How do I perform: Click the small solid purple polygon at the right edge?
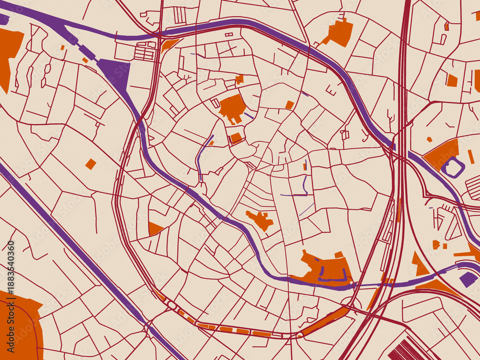[468, 278]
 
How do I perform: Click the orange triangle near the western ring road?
[154, 228]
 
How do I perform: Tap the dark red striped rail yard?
[408, 349]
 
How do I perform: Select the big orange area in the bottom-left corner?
[19, 326]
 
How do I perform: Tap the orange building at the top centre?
[339, 33]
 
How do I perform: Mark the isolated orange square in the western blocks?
[91, 164]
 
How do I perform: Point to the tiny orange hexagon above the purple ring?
[430, 140]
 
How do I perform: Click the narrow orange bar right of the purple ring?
[471, 156]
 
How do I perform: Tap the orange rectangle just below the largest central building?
[236, 138]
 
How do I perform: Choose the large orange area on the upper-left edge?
[9, 53]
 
